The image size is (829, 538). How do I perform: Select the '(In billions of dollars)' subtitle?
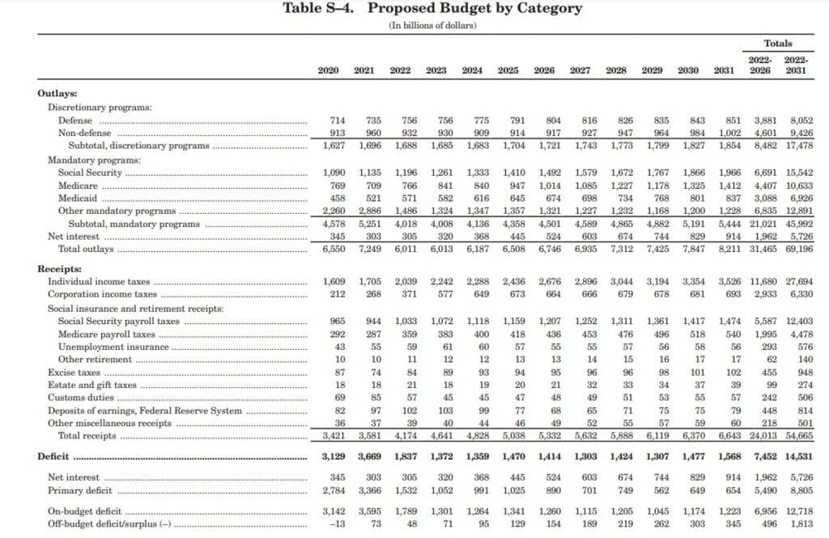click(x=432, y=26)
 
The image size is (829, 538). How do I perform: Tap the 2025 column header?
click(x=508, y=70)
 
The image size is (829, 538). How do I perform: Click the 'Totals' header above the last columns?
click(x=778, y=43)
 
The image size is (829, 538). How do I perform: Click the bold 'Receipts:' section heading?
click(x=59, y=267)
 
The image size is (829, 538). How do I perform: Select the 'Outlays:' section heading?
click(x=57, y=94)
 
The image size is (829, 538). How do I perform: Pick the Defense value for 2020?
click(x=333, y=121)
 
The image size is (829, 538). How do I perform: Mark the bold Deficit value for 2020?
click(x=333, y=457)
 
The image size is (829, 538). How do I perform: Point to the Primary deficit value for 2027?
click(x=583, y=490)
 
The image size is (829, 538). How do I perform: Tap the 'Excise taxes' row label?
click(x=74, y=372)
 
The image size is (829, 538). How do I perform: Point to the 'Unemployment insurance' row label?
click(x=103, y=347)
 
